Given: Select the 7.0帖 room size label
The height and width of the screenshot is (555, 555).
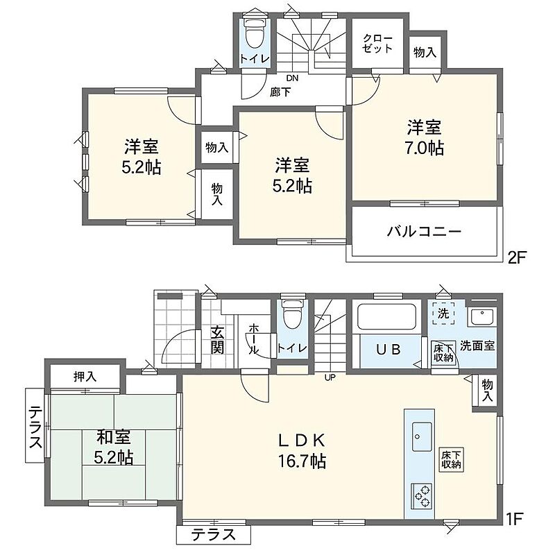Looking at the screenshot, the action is (425, 148).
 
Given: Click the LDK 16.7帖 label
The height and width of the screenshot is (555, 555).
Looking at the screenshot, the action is (302, 451).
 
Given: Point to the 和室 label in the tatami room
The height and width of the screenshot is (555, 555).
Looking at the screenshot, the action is (114, 437).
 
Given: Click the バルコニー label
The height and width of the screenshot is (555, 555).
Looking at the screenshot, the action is (425, 232).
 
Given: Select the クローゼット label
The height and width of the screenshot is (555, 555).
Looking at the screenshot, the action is (377, 44).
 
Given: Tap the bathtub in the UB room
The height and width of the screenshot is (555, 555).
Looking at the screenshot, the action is (386, 317).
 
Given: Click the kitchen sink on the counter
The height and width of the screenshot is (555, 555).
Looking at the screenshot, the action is (422, 437).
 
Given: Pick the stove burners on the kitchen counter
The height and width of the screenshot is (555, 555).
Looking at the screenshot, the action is (422, 496).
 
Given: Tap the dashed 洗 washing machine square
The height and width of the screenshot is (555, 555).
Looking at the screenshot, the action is (443, 314).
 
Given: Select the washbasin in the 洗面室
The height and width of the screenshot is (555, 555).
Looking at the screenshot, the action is (481, 317).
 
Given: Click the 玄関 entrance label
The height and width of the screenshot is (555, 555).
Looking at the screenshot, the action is (217, 340).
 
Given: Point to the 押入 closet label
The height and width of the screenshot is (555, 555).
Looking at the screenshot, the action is (85, 377).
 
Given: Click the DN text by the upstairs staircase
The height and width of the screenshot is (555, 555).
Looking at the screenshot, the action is (292, 78).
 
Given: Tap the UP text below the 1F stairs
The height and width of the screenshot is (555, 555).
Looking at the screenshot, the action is (330, 377).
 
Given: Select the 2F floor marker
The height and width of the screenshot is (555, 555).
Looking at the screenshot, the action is (517, 257).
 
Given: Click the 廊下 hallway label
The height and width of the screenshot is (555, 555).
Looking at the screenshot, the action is (281, 93).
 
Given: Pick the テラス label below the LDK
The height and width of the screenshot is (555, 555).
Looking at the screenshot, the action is (214, 534).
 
